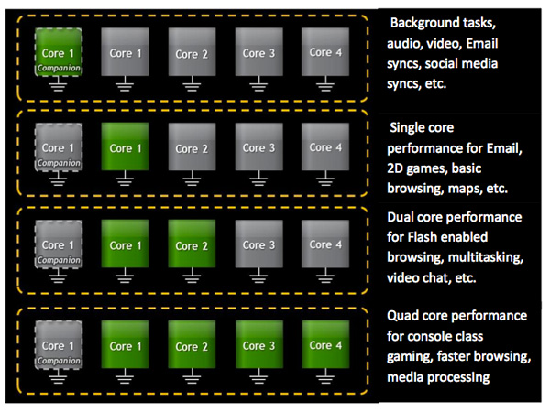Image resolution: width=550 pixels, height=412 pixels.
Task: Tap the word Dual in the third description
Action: pos(404,217)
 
